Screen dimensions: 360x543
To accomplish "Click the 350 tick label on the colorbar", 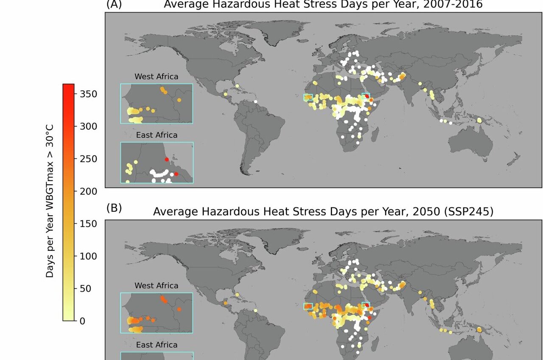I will (x=86, y=94).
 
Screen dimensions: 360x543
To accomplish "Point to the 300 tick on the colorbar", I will (x=86, y=126).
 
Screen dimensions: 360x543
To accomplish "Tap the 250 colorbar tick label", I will (x=86, y=159).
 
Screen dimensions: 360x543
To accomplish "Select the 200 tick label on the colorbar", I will (x=86, y=191).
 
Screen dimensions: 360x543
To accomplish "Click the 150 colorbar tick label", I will (x=86, y=224).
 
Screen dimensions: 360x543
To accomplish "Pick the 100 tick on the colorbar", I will (x=86, y=256).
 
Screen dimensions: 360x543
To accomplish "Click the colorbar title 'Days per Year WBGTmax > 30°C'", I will (x=50, y=201).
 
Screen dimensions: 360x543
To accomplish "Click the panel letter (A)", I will (x=114, y=4).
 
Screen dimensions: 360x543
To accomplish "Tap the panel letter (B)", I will (x=114, y=208).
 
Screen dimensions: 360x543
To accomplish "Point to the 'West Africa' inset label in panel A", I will (x=156, y=77).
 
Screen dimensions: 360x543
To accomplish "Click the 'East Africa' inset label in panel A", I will (x=157, y=135).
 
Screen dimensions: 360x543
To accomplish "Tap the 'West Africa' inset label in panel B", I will (x=156, y=286).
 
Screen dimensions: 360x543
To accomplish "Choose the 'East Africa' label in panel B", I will (x=157, y=345).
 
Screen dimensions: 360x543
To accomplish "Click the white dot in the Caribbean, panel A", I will (x=256, y=101).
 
